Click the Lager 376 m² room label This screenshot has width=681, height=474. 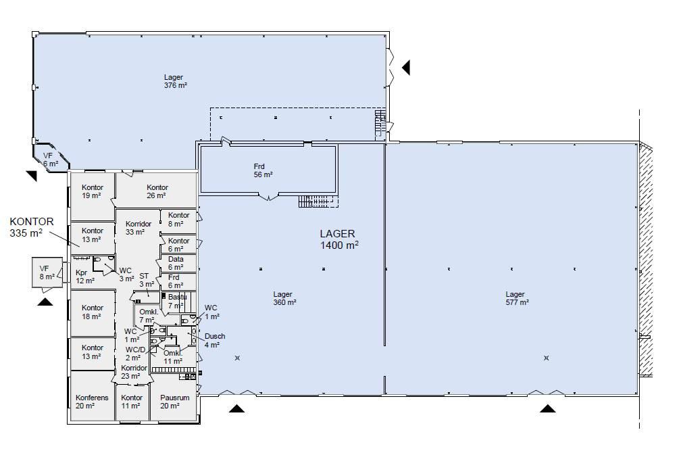pyautogui.click(x=175, y=81)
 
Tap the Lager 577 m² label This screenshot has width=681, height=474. pyautogui.click(x=517, y=298)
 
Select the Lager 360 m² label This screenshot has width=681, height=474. pyautogui.click(x=284, y=298)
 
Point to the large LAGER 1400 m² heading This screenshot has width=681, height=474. pyautogui.click(x=339, y=239)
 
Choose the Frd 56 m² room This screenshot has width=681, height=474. pyautogui.click(x=268, y=169)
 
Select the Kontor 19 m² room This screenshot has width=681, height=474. pyautogui.click(x=92, y=196)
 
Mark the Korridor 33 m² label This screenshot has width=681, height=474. pyautogui.click(x=138, y=228)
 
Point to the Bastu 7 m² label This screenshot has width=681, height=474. pyautogui.click(x=177, y=302)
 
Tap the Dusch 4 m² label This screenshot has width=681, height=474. pyautogui.click(x=215, y=341)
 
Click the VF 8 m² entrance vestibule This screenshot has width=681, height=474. pyautogui.click(x=48, y=272)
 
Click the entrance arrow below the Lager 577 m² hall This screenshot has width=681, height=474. pyautogui.click(x=548, y=408)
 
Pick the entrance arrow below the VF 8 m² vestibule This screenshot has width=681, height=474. pyautogui.click(x=45, y=302)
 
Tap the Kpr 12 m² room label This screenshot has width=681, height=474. pyautogui.click(x=84, y=277)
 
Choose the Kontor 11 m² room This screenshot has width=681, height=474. pyautogui.click(x=132, y=402)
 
